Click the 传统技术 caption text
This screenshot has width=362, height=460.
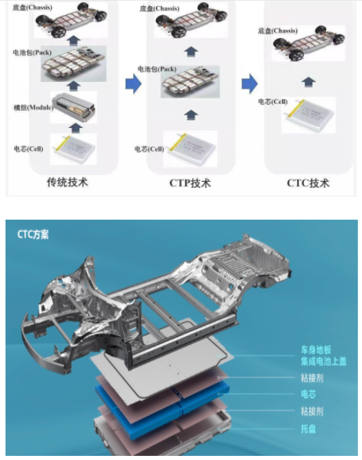(67, 183)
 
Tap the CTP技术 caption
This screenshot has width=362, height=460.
(190, 183)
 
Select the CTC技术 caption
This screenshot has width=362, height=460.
(308, 183)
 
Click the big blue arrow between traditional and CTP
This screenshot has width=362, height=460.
(133, 84)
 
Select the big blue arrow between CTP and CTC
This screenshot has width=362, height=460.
(249, 84)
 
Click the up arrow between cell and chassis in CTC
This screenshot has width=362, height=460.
(309, 81)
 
